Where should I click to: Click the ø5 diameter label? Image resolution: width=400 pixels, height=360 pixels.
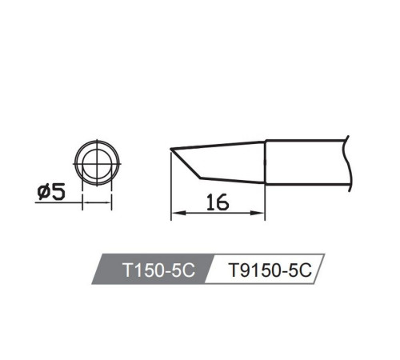tap(51, 192)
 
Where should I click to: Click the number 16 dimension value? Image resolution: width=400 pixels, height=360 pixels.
tap(218, 202)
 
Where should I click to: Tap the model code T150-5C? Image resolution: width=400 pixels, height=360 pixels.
tap(159, 270)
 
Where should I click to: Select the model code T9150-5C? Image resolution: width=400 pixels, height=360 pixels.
tap(270, 270)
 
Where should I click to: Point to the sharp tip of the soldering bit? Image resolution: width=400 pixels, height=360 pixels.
tap(170, 149)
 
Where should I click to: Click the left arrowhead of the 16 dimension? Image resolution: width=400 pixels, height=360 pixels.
tap(178, 213)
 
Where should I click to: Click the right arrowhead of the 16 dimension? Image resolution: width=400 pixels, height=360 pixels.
tap(258, 213)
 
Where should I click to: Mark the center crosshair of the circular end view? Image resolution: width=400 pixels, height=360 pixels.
tap(97, 163)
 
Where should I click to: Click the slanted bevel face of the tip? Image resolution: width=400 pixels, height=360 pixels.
tap(186, 163)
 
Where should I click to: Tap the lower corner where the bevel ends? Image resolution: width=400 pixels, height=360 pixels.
tap(201, 178)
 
